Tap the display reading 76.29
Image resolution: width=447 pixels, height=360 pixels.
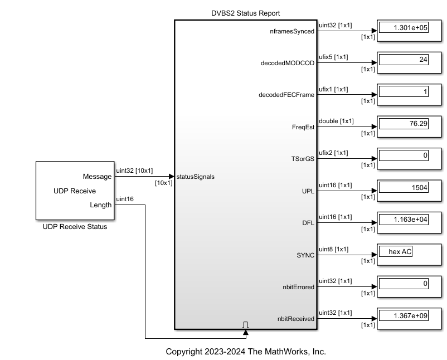click(x=403, y=123)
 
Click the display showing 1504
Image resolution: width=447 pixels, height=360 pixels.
click(x=403, y=187)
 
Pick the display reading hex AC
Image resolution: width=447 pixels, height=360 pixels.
click(x=396, y=252)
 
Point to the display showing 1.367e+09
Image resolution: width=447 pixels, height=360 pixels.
click(x=403, y=315)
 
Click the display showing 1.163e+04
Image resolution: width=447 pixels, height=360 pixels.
click(x=403, y=220)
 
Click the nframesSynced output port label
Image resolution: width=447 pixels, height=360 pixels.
click(x=291, y=31)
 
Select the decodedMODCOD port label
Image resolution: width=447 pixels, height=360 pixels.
click(x=288, y=63)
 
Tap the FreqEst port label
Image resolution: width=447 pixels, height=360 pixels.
click(x=304, y=127)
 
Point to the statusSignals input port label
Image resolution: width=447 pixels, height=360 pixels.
click(x=195, y=177)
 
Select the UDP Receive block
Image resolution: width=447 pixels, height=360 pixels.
click(x=74, y=191)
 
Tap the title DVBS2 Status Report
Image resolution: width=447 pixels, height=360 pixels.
click(x=246, y=13)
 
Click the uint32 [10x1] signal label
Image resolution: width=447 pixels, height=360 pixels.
click(x=134, y=171)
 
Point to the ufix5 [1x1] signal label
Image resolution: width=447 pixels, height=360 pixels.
click(x=333, y=57)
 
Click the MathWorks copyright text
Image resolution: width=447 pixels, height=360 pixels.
click(x=246, y=352)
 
